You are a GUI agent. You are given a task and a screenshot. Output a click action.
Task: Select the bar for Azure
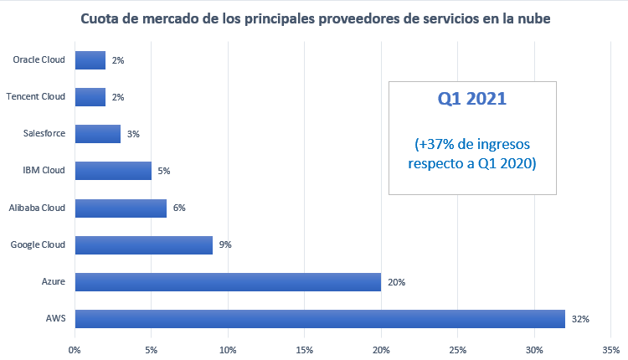pyautogui.click(x=228, y=281)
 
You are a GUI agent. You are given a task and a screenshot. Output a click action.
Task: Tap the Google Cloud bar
pyautogui.click(x=144, y=244)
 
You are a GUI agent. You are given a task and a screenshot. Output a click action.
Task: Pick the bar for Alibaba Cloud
pyautogui.click(x=121, y=208)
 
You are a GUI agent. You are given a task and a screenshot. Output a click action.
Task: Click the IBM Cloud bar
pyautogui.click(x=113, y=171)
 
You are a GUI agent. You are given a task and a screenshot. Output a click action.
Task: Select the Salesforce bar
pyautogui.click(x=98, y=134)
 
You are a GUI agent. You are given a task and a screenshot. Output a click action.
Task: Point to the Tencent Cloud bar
pyautogui.click(x=90, y=97)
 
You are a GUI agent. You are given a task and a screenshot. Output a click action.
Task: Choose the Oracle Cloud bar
pyautogui.click(x=90, y=60)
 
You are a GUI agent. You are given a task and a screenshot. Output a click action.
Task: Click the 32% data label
pyautogui.click(x=581, y=319)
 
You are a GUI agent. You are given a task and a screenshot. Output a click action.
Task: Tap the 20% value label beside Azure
pyautogui.click(x=397, y=282)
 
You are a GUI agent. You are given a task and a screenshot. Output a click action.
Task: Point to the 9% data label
pyautogui.click(x=225, y=245)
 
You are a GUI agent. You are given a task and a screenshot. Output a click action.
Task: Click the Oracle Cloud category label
pyautogui.click(x=39, y=60)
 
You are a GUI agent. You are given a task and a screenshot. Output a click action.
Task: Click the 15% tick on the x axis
pyautogui.click(x=305, y=348)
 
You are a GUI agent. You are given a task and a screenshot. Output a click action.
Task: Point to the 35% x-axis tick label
pyautogui.click(x=610, y=348)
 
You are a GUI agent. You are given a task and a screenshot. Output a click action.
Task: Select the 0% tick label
pyautogui.click(x=75, y=348)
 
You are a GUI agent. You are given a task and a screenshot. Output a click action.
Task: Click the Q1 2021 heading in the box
pyautogui.click(x=472, y=100)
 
